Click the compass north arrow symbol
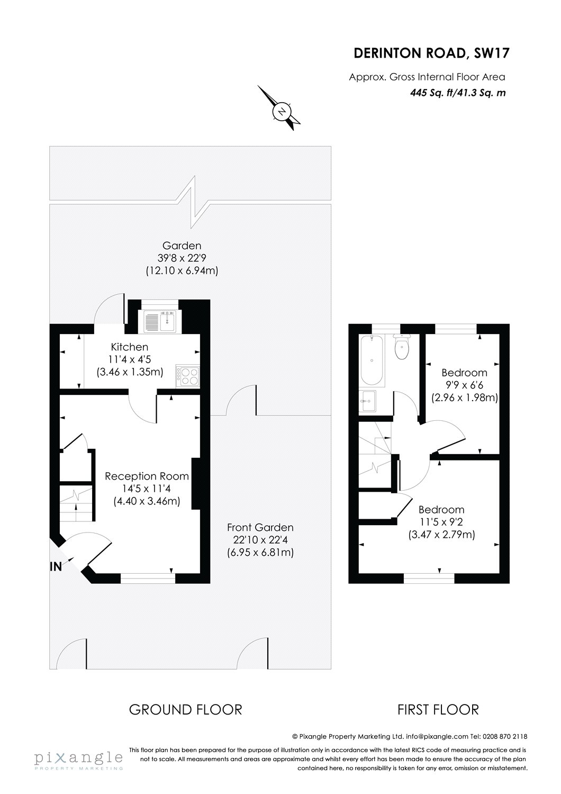pyautogui.click(x=283, y=111)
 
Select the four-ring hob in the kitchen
pyautogui.click(x=187, y=375)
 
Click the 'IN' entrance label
pyautogui.click(x=56, y=566)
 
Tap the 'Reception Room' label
pyautogui.click(x=147, y=476)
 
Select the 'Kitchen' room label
pyautogui.click(x=129, y=347)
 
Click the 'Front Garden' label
pyautogui.click(x=260, y=527)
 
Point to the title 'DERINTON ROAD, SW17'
pyautogui.click(x=432, y=53)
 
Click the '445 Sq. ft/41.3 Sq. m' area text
pyautogui.click(x=458, y=93)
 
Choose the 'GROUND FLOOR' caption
pyautogui.click(x=185, y=709)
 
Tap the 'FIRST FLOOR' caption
pyautogui.click(x=438, y=709)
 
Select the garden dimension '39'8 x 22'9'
pyautogui.click(x=182, y=258)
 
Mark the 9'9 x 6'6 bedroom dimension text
pyautogui.click(x=464, y=385)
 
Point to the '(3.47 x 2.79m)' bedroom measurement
pyautogui.click(x=441, y=535)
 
